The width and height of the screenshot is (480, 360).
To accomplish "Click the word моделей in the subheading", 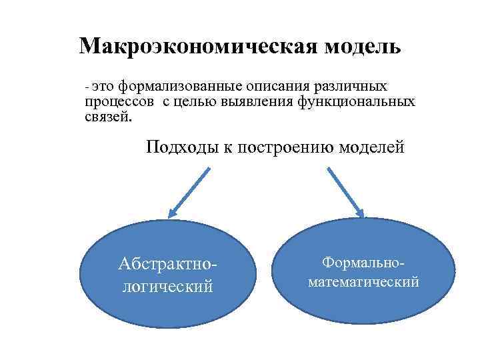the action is click(371, 147).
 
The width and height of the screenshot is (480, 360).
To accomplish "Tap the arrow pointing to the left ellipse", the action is click(189, 192).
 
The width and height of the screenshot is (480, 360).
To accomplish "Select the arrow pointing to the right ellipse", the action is click(345, 192).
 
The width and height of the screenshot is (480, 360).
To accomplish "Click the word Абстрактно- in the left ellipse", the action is click(167, 265).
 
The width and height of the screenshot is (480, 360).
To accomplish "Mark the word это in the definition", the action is click(103, 87).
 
